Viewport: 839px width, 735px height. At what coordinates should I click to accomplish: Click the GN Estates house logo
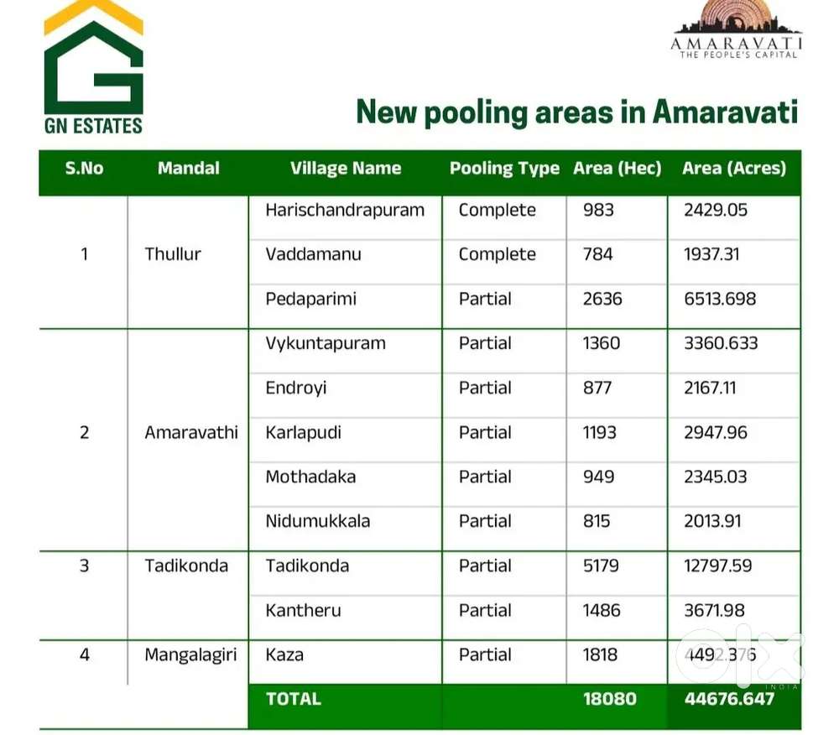pyautogui.click(x=93, y=67)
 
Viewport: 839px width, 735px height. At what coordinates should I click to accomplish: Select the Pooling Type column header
pyautogui.click(x=503, y=169)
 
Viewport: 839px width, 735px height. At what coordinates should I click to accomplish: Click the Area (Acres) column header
pyautogui.click(x=733, y=169)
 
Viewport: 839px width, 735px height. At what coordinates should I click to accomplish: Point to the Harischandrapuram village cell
pyautogui.click(x=345, y=210)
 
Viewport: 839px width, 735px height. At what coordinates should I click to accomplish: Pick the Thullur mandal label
pyautogui.click(x=173, y=254)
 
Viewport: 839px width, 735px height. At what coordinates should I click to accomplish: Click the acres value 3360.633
pyautogui.click(x=721, y=343)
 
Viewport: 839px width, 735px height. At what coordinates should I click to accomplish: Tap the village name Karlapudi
pyautogui.click(x=303, y=432)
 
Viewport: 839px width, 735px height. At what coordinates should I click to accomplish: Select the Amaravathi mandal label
pyautogui.click(x=191, y=432)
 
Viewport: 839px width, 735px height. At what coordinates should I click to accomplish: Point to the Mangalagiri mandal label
pyautogui.click(x=190, y=654)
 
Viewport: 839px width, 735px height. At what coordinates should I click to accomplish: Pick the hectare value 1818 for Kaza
pyautogui.click(x=600, y=654)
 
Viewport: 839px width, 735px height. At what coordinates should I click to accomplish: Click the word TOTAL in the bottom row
pyautogui.click(x=293, y=698)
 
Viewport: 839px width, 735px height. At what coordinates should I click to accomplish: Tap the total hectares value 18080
pyautogui.click(x=609, y=698)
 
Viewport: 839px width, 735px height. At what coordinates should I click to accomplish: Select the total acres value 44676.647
pyautogui.click(x=728, y=698)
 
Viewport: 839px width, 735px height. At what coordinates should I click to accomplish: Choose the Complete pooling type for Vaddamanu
pyautogui.click(x=497, y=254)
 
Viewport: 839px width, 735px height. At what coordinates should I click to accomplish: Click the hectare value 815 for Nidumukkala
pyautogui.click(x=597, y=521)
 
